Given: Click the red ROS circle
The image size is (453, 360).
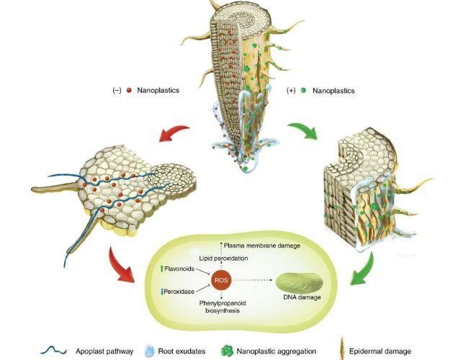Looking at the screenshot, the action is (221, 280).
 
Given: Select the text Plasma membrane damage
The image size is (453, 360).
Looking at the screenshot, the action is (262, 246).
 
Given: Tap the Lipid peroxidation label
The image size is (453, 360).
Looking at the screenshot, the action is (223, 258).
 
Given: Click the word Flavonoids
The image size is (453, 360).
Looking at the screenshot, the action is (179, 269).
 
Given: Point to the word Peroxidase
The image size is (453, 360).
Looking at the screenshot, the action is (179, 292).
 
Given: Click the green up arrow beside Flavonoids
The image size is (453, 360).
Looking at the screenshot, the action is (161, 269).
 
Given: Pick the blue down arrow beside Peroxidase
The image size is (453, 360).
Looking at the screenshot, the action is (162, 292).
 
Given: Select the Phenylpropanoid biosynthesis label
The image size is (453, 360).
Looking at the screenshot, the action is (223, 307).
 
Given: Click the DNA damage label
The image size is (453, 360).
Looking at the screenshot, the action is (302, 297).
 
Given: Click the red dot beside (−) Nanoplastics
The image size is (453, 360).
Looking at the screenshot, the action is (129, 90).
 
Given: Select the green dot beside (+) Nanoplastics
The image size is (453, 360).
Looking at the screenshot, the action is (303, 90).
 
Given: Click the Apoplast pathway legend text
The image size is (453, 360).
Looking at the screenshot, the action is (104, 351).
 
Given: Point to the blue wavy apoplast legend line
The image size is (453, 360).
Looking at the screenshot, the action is (54, 351).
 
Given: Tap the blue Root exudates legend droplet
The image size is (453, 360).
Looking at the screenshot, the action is (148, 351).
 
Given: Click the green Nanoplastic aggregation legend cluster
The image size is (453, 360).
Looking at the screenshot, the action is (227, 351).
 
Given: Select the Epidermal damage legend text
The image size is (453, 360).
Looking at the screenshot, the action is (380, 351).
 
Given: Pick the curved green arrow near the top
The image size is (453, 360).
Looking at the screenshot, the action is (302, 130).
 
